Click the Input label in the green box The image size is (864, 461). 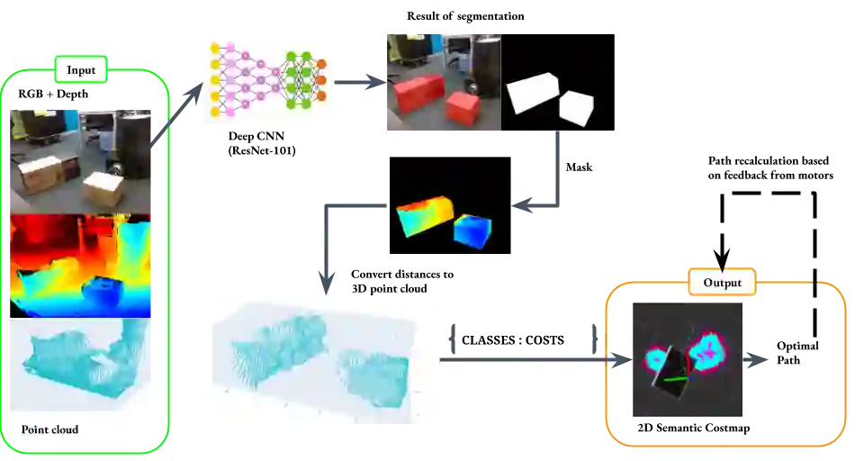click(x=80, y=70)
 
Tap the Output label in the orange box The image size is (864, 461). click(x=722, y=283)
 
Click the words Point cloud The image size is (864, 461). click(x=49, y=429)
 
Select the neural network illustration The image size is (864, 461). click(x=270, y=82)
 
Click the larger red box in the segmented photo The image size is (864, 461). click(x=418, y=94)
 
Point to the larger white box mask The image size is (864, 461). click(x=532, y=93)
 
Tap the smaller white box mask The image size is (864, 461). click(x=576, y=107)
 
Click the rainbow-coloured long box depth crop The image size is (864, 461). click(x=425, y=215)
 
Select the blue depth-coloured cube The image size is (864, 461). click(x=472, y=230)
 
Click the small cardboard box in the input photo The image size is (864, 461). click(x=103, y=189)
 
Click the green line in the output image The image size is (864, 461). click(x=678, y=381)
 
